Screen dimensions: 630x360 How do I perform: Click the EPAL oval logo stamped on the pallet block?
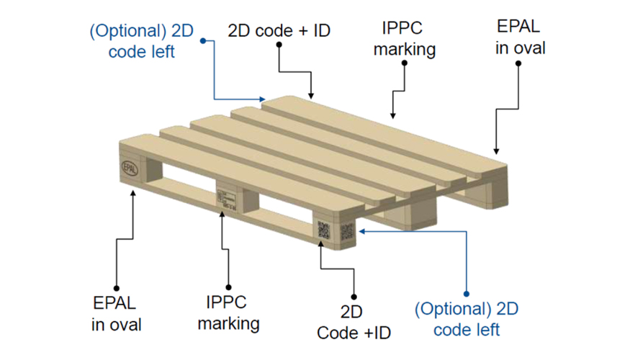tap(130, 168)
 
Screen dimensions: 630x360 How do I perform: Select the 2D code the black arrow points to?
tap(324, 230)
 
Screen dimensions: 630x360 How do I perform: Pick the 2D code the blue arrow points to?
tap(347, 232)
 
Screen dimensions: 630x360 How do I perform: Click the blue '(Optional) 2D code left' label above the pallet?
tap(141, 41)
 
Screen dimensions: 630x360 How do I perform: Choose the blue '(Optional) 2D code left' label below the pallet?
tap(467, 320)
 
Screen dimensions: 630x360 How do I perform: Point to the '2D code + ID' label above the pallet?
tap(279, 30)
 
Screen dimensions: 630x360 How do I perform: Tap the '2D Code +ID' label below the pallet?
tap(354, 323)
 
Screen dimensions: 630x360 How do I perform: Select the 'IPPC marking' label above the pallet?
tap(404, 39)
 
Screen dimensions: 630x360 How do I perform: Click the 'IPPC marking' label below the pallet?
tap(229, 313)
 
